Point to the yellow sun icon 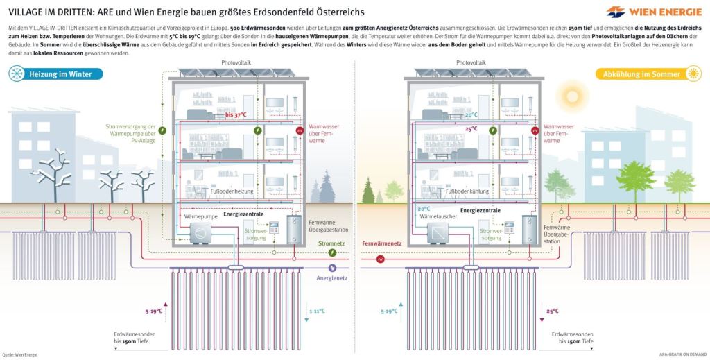[x=693, y=74]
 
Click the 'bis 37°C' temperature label [x=236, y=114]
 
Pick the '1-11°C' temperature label [x=318, y=311]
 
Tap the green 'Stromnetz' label [x=331, y=243]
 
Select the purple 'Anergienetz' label [x=331, y=278]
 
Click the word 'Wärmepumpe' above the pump [x=200, y=217]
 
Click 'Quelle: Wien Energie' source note [x=19, y=354]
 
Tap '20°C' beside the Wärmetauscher [x=424, y=209]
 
